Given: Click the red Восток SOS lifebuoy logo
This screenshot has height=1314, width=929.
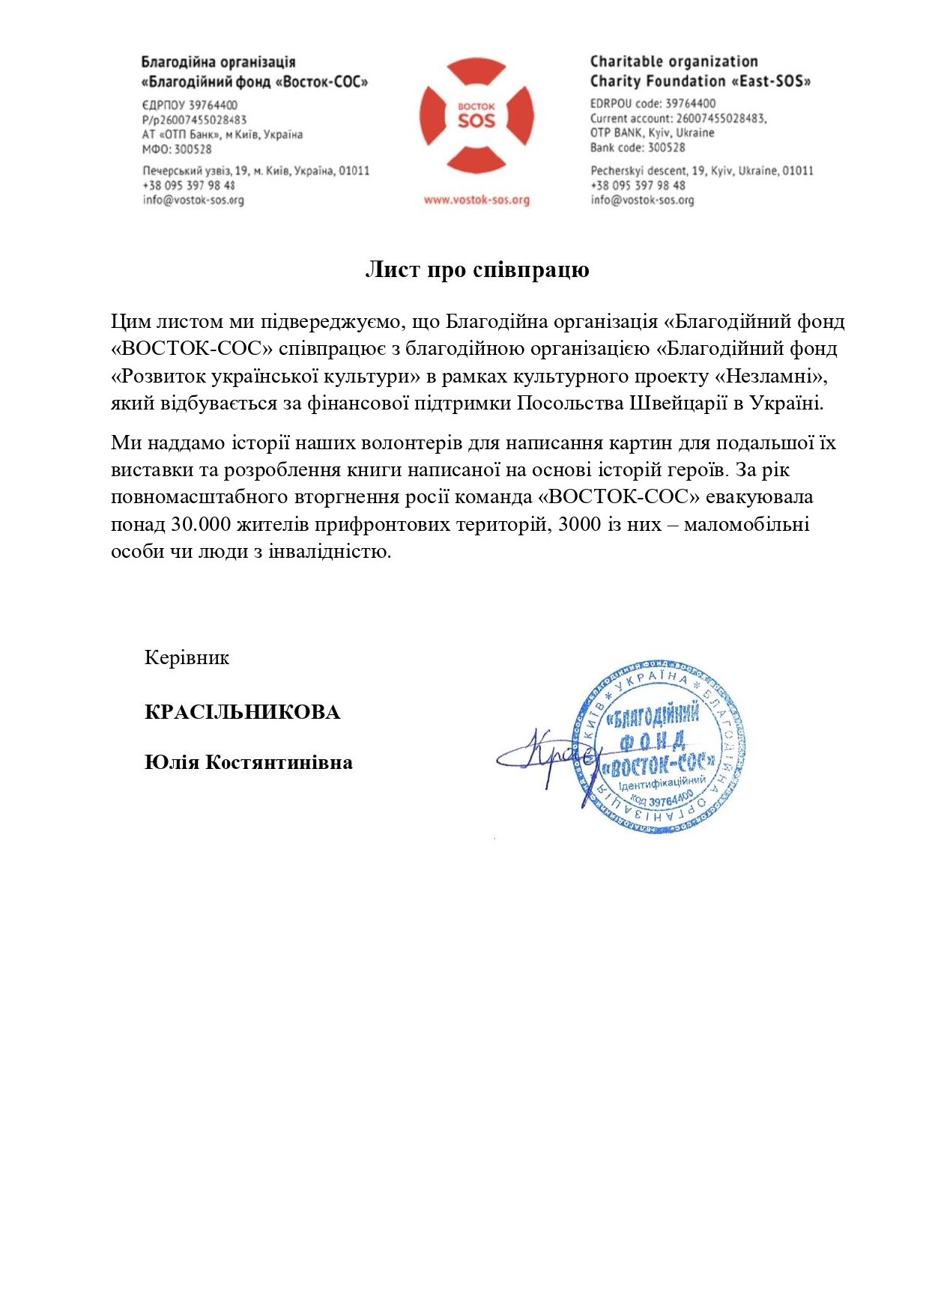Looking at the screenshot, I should pos(476,116).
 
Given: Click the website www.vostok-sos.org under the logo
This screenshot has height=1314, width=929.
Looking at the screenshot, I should pos(476,200).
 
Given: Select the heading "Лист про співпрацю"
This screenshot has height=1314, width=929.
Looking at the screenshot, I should pos(476,270).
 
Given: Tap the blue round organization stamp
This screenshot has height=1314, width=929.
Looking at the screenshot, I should pos(659,747).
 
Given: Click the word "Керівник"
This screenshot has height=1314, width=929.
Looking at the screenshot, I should pos(187,657).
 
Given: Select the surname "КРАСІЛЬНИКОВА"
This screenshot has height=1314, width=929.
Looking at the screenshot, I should pos(242,711).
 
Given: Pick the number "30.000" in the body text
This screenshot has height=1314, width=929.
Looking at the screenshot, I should pos(201,524).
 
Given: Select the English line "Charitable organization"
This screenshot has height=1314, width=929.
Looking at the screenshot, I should pos(674,61).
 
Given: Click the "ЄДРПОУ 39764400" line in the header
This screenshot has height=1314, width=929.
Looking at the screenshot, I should pos(190,106).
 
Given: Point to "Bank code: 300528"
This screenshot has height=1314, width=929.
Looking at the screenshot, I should pos(638,147).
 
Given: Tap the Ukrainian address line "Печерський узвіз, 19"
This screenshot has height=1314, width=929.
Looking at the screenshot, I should pos(255,171).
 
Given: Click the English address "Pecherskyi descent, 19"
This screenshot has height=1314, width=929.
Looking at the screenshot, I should pos(701,171).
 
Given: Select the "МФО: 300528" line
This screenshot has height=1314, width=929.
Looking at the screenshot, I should pos(177,149).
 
